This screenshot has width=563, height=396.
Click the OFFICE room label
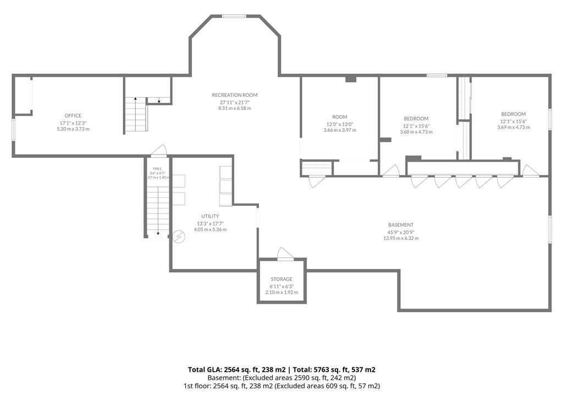pos(73,116)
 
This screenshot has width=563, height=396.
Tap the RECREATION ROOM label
pos(234,95)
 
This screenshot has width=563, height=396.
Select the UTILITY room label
pos(210,216)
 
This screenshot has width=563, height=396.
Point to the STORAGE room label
pos(281,279)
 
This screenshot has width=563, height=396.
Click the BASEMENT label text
pos(401,226)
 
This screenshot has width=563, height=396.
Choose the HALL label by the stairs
pos(157,168)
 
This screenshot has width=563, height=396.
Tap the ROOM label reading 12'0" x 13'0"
pos(340,117)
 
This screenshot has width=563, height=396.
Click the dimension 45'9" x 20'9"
pos(401,232)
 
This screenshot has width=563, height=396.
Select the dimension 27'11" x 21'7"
pos(235,102)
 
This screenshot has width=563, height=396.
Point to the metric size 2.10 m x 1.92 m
pos(281,293)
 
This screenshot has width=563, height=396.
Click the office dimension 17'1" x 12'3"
pos(73,123)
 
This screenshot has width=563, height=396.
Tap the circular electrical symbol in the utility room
pos(179,237)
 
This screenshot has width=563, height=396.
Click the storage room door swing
pos(285,254)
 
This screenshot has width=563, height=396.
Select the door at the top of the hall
pos(158,151)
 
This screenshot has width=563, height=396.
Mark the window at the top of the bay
pos(234,16)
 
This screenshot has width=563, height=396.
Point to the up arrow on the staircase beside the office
pos(135,100)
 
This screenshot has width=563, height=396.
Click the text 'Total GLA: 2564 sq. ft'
pos(236,370)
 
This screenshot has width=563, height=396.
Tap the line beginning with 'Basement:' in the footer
pos(281,378)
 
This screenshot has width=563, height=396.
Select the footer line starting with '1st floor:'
pos(281,386)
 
